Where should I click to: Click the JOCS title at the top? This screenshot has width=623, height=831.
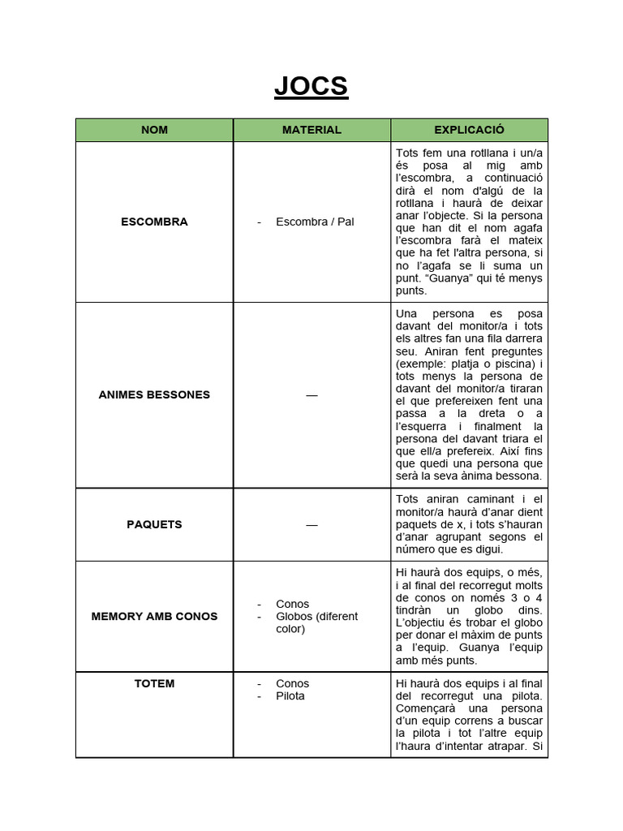point(311,86)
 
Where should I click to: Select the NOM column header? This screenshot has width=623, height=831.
point(154,130)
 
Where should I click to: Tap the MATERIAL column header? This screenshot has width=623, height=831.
point(311,130)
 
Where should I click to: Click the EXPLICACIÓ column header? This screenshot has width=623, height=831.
point(469,130)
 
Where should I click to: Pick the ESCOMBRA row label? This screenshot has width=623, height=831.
point(154,222)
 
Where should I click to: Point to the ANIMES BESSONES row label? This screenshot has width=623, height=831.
point(154,394)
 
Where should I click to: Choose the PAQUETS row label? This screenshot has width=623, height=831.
point(154,524)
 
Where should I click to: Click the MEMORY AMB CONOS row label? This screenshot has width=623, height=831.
point(154,616)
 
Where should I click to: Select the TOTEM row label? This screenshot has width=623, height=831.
point(154,683)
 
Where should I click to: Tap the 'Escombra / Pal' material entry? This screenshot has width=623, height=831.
point(315,222)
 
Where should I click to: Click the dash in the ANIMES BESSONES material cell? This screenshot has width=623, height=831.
point(311,395)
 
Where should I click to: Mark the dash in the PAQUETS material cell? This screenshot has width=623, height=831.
point(311,525)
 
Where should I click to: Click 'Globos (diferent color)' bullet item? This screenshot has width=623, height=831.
point(316,622)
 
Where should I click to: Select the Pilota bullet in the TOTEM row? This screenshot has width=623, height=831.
point(290,696)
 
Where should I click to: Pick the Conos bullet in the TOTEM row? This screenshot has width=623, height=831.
point(292,683)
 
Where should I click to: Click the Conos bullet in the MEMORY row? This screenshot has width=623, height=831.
point(292,604)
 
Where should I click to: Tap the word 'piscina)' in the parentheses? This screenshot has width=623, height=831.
point(516,364)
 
